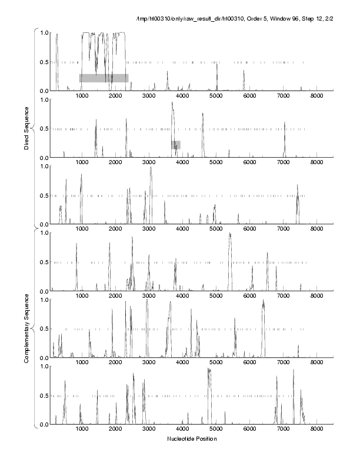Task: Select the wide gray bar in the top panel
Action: (104, 78)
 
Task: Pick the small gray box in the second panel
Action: (176, 144)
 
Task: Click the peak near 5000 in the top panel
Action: (216, 63)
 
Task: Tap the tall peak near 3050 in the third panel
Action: (151, 168)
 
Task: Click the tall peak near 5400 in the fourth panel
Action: (230, 234)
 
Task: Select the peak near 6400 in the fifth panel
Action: (263, 301)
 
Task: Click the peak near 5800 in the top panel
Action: (244, 71)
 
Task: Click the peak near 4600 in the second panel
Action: (203, 114)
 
